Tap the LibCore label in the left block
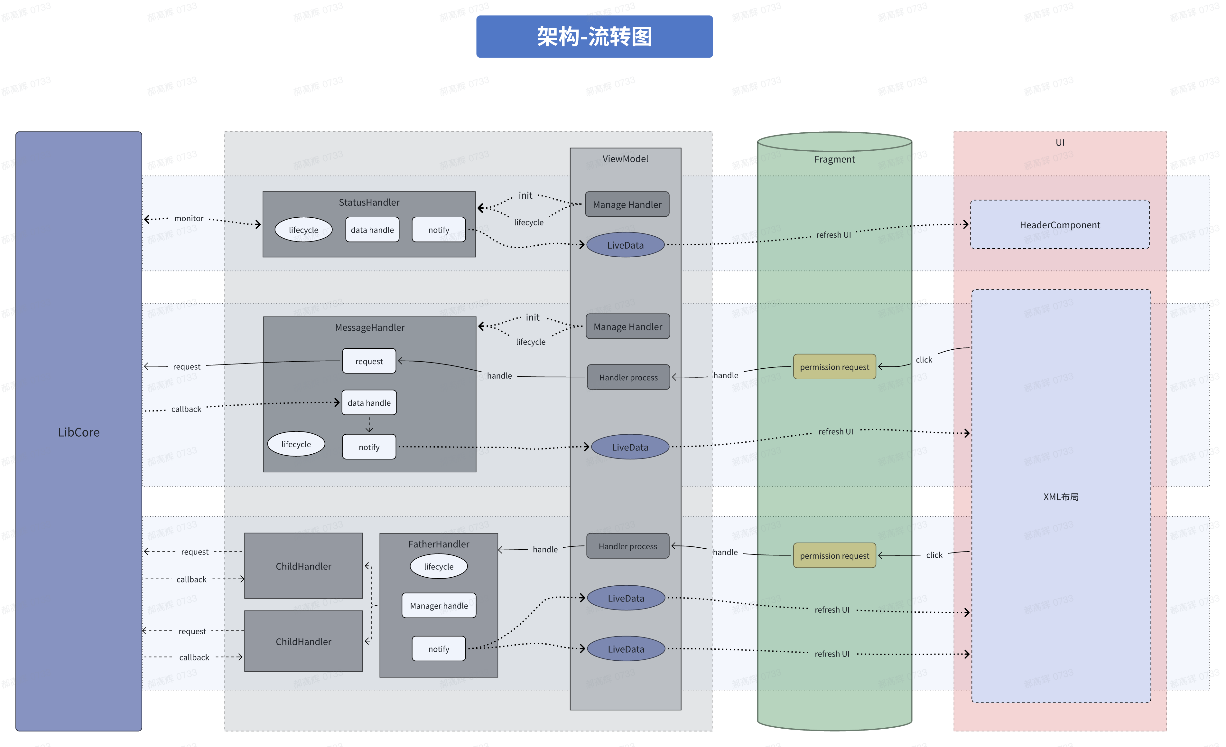tap(79, 432)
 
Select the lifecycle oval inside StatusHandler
tap(303, 230)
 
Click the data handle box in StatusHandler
tap(372, 230)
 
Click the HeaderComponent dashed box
tap(1060, 225)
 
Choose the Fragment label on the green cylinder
tap(834, 159)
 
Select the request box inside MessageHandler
tap(369, 361)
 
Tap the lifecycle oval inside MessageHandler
tap(296, 444)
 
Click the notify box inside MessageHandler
tap(369, 447)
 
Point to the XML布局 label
tap(1061, 496)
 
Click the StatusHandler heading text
tap(369, 202)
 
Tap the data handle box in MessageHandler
tap(369, 403)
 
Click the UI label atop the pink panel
tap(1060, 142)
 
